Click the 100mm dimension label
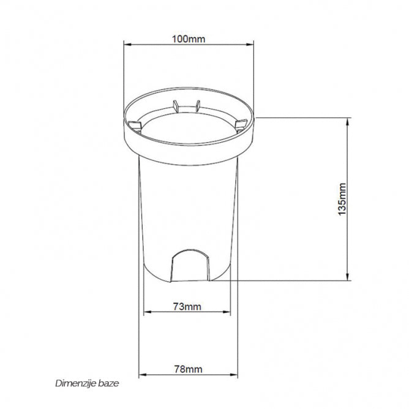click(x=189, y=39)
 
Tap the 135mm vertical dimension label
click(x=342, y=199)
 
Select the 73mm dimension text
click(x=187, y=307)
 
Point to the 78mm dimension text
click(x=188, y=369)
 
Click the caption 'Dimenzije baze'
click(x=87, y=383)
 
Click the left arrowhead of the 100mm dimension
click(x=127, y=45)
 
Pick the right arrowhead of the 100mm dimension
click(x=250, y=45)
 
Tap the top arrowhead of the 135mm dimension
click(x=347, y=122)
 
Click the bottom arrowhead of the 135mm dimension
click(x=347, y=277)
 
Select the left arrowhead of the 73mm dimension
click(x=148, y=312)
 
